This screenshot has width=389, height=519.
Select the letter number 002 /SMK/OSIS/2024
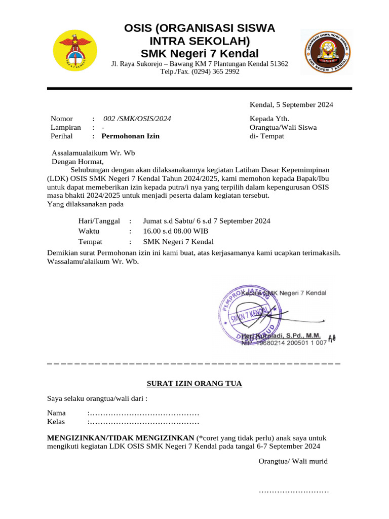(137, 119)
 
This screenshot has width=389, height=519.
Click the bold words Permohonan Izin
(130, 136)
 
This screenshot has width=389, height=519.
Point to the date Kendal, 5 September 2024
(291, 105)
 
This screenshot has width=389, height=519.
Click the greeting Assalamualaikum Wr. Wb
(94, 153)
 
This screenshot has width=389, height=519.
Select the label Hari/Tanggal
(99, 221)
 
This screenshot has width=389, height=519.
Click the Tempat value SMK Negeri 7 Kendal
(178, 242)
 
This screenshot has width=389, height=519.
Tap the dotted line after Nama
(144, 413)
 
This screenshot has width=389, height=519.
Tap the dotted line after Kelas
(144, 422)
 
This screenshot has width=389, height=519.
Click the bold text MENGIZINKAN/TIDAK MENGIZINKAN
(120, 438)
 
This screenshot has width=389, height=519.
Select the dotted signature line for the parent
(294, 491)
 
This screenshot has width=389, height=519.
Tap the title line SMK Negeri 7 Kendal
(200, 54)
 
